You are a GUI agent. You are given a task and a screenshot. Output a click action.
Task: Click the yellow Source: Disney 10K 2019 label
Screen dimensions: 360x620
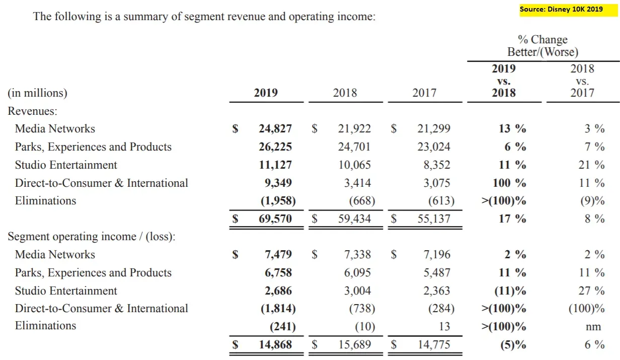click(x=561, y=9)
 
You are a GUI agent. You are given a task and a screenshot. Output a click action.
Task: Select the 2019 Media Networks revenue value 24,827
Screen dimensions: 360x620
click(x=275, y=129)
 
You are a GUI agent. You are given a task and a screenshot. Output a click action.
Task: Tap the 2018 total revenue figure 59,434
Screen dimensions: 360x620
click(x=354, y=219)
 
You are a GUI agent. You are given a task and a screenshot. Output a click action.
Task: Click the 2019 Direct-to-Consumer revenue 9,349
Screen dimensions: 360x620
click(x=278, y=183)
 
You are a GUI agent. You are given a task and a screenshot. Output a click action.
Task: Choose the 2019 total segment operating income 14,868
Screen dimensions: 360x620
click(x=275, y=345)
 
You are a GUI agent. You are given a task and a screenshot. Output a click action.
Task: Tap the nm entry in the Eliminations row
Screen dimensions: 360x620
click(x=593, y=327)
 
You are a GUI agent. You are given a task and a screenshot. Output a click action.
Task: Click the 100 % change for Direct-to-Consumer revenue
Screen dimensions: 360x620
click(x=509, y=183)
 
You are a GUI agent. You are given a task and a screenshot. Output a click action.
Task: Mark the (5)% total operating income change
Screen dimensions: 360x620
click(x=511, y=345)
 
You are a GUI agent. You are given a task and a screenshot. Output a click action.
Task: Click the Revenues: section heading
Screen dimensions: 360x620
click(x=32, y=111)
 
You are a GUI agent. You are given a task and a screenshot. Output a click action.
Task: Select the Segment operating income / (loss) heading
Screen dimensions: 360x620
click(x=92, y=237)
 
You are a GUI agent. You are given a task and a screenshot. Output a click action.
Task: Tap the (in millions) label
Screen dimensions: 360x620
click(x=37, y=93)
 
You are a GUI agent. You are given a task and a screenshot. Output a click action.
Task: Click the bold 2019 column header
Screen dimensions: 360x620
click(x=266, y=93)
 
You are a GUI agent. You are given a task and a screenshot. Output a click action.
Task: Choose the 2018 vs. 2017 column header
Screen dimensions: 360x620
click(x=582, y=81)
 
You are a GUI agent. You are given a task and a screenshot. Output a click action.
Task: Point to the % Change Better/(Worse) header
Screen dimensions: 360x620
click(x=542, y=45)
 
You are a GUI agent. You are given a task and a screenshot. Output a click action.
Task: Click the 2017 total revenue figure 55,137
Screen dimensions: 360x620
click(x=433, y=219)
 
